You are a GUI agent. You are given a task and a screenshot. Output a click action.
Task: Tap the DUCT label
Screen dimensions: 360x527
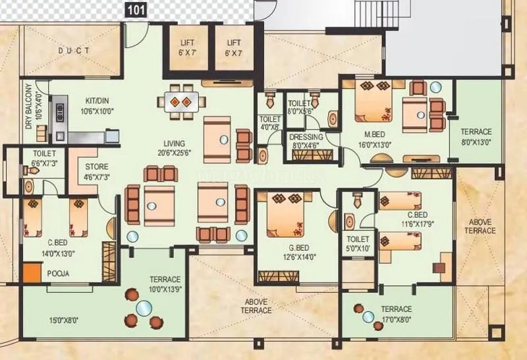coord(74,51)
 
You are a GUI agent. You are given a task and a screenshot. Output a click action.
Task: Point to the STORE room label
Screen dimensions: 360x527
coord(96,167)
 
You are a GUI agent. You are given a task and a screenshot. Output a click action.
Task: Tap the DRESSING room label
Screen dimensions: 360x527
coord(305,138)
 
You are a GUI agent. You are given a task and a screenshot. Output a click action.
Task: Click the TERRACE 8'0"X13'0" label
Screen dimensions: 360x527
coord(476,136)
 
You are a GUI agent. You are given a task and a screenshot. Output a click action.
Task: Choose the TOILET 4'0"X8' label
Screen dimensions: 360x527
coord(269,123)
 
